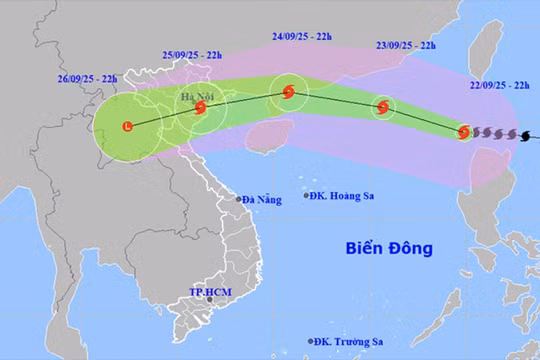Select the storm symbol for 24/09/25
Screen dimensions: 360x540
(288, 92)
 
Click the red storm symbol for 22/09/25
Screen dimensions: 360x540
(464, 132)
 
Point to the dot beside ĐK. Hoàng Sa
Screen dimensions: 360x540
(307, 196)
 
